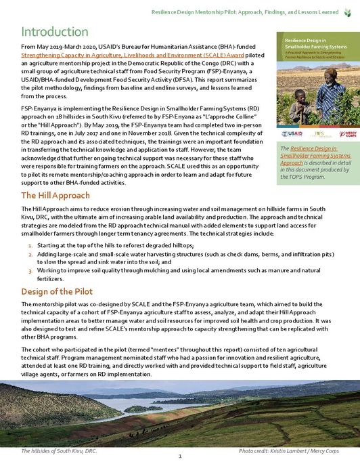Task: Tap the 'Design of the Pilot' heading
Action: coord(57,292)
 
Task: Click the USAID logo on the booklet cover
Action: coord(292,133)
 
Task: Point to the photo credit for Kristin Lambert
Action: coord(290,450)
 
